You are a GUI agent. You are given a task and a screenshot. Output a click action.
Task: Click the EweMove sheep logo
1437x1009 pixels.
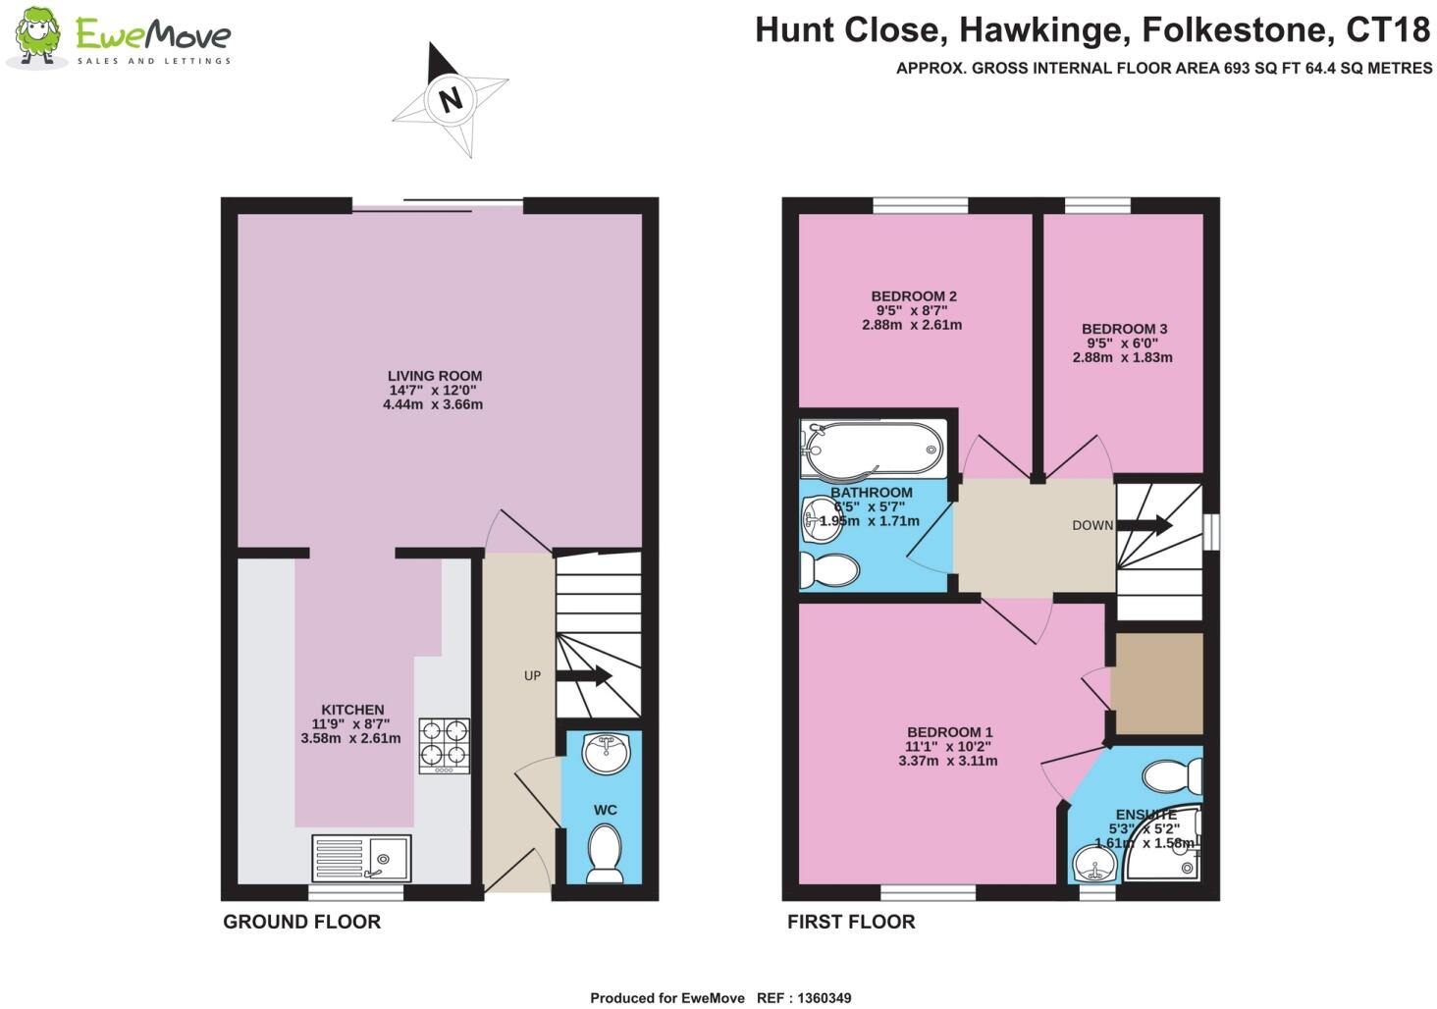point(36,37)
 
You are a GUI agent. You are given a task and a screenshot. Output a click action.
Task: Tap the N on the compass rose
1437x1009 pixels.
point(451,99)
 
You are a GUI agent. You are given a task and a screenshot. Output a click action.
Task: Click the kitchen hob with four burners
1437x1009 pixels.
point(444,746)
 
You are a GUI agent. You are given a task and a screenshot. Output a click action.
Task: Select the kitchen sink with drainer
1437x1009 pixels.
point(361,858)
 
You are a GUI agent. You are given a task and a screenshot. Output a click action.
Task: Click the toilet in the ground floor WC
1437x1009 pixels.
point(603,853)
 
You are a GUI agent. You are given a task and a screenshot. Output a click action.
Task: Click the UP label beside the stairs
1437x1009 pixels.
point(532,675)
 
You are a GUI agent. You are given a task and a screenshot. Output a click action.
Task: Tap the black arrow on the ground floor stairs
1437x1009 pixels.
point(584,676)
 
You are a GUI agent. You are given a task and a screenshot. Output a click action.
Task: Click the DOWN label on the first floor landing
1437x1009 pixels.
point(1091,525)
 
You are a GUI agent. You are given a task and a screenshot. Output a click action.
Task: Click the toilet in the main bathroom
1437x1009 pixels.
point(827,569)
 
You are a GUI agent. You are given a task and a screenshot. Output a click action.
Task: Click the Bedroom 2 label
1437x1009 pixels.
point(913,296)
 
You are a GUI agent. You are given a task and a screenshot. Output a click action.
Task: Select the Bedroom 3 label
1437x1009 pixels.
point(1124,329)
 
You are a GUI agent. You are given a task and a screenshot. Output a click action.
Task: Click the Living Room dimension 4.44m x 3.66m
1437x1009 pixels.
point(433,404)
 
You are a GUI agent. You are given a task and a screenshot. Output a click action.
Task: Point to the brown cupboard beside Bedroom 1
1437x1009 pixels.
point(1158,683)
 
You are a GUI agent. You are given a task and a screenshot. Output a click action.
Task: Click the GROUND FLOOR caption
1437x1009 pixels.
point(301,922)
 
